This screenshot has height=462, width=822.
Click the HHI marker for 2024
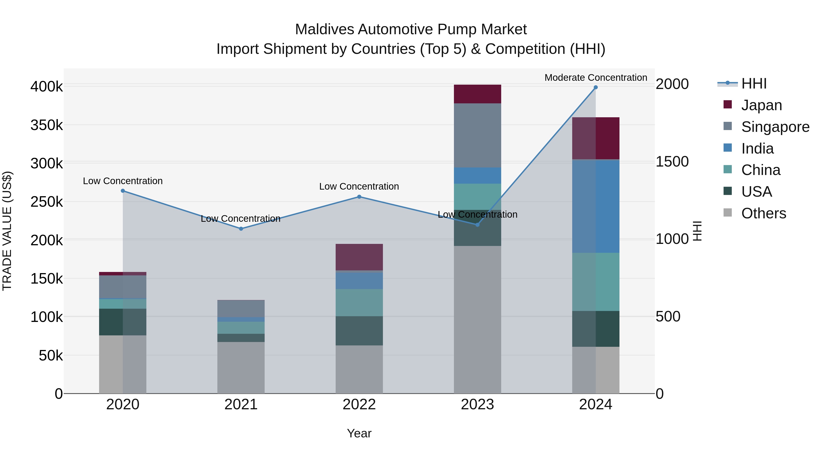tap(595, 87)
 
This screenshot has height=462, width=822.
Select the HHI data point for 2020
tap(123, 191)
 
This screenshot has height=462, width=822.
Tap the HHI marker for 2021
tap(241, 229)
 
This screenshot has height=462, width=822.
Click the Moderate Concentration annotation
tap(595, 78)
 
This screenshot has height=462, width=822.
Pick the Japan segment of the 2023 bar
tap(477, 94)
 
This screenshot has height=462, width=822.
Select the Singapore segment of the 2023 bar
tap(477, 135)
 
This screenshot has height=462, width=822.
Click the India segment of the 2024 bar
tap(595, 206)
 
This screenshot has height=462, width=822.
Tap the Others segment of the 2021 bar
tap(241, 367)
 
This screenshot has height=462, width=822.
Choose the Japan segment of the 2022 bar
tap(359, 257)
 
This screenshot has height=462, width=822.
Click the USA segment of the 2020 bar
tap(123, 322)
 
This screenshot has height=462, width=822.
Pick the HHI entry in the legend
tap(753, 84)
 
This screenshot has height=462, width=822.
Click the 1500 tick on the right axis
tap(672, 162)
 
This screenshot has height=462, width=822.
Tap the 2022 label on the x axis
tap(359, 404)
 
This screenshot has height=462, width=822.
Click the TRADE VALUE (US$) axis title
tap(7, 231)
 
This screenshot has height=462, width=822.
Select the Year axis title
tap(359, 433)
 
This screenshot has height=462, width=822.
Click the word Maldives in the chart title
tap(324, 29)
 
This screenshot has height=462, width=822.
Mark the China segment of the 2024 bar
tap(595, 282)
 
